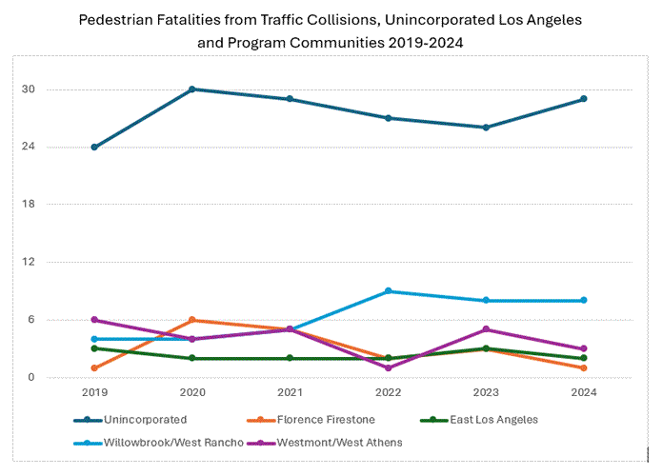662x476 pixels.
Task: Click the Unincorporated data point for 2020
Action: pyautogui.click(x=192, y=89)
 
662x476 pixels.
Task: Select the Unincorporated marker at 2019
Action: pyautogui.click(x=94, y=147)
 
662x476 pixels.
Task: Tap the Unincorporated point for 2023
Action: pyautogui.click(x=486, y=128)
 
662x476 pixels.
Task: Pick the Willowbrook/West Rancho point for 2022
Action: pyautogui.click(x=388, y=291)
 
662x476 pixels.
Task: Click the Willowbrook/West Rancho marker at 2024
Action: pyautogui.click(x=584, y=301)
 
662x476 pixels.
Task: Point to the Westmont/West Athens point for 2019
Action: pyautogui.click(x=94, y=320)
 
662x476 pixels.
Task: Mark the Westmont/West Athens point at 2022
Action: pyautogui.click(x=388, y=367)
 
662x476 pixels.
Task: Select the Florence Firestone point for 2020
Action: pyautogui.click(x=192, y=320)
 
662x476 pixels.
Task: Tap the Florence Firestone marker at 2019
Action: pyautogui.click(x=94, y=367)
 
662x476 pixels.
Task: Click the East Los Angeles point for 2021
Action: pyautogui.click(x=291, y=358)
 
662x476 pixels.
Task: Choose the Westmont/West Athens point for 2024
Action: pyautogui.click(x=584, y=348)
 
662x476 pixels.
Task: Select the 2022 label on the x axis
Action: pyautogui.click(x=388, y=391)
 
